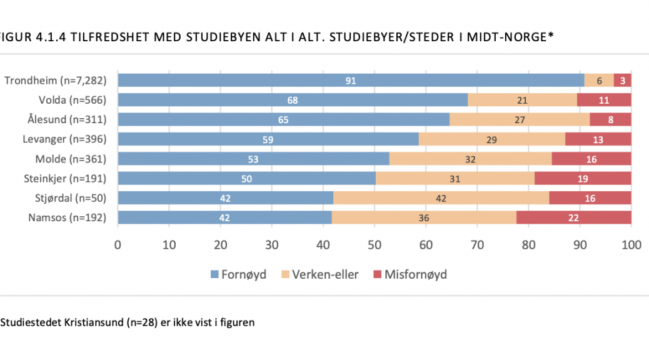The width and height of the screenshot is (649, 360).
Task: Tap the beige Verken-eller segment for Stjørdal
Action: (441, 198)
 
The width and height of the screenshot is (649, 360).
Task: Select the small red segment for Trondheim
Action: (622, 80)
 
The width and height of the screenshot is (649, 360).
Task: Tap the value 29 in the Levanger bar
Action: (491, 139)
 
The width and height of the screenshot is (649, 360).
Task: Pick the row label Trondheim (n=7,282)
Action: (56, 80)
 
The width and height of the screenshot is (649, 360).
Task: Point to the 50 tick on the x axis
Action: (375, 245)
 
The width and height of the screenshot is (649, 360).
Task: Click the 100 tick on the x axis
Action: (631, 245)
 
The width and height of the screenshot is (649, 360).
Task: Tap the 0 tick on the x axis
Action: (118, 245)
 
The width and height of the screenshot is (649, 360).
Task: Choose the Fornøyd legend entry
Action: (238, 274)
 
